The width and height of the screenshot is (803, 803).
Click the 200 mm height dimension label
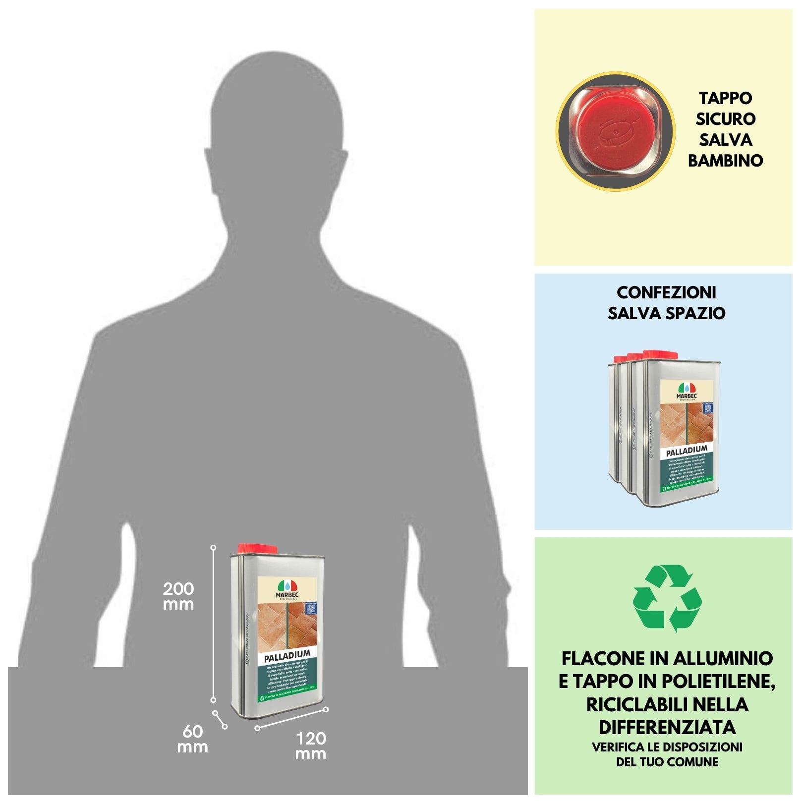(x=178, y=596)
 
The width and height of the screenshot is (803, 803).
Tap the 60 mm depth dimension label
(x=192, y=739)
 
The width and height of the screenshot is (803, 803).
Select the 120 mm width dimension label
(x=311, y=746)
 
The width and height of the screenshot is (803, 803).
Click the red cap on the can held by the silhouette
(x=257, y=549)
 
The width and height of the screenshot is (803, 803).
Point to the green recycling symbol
(x=667, y=598)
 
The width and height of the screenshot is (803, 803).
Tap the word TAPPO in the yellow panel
(x=725, y=98)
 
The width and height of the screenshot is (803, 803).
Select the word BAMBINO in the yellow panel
(x=725, y=161)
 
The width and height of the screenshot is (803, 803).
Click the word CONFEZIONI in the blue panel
(x=666, y=292)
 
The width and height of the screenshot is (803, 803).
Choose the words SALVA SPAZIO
(x=666, y=313)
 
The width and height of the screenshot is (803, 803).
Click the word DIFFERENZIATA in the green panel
(x=667, y=727)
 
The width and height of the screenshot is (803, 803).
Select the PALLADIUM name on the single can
(x=287, y=657)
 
